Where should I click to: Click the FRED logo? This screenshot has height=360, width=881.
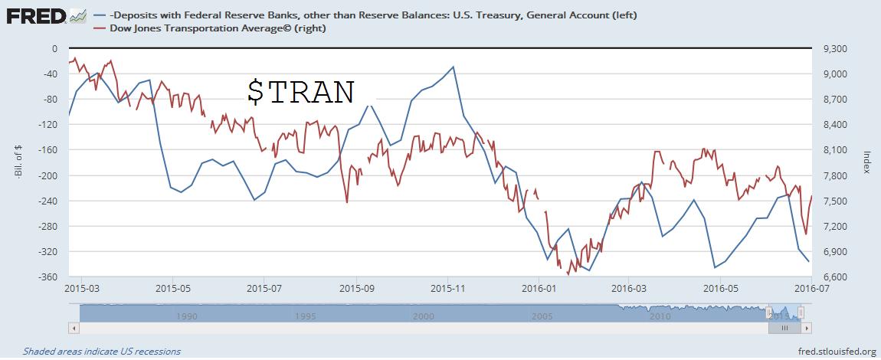[35, 15]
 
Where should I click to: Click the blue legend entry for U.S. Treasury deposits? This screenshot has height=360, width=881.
[368, 15]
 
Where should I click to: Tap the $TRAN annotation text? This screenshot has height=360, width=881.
[300, 92]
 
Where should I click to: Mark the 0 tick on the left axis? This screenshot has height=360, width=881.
[54, 48]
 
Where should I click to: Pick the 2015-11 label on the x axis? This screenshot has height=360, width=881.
[448, 289]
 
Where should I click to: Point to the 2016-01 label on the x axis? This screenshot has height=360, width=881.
[539, 289]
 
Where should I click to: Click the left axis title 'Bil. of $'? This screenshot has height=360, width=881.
[17, 163]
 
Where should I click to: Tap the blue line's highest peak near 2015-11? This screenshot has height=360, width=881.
[454, 67]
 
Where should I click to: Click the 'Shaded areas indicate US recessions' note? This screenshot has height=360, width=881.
[102, 352]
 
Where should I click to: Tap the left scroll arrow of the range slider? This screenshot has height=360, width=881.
[74, 327]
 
